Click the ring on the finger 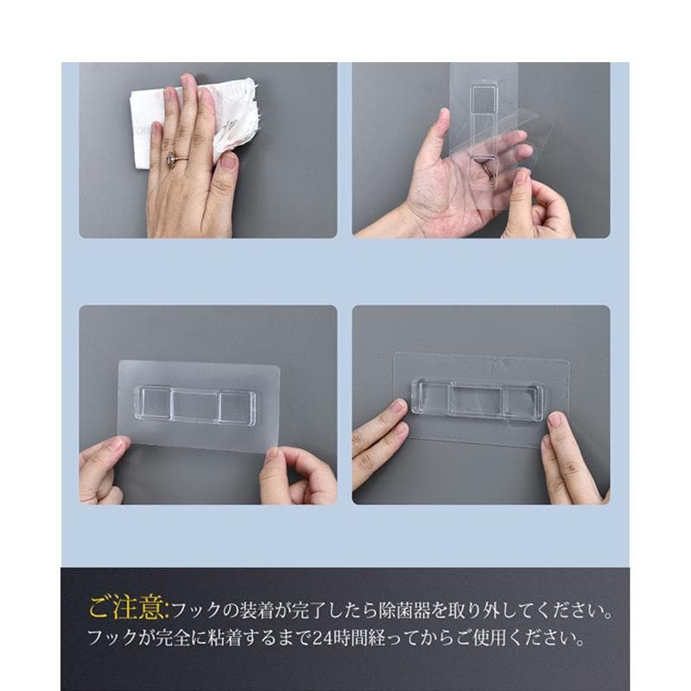pos(172,158)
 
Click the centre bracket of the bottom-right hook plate pos(479,400)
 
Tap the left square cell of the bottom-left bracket pos(154,403)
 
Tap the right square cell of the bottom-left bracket pos(236,407)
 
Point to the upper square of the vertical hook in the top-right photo pos(484,98)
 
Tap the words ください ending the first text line pos(576,611)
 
